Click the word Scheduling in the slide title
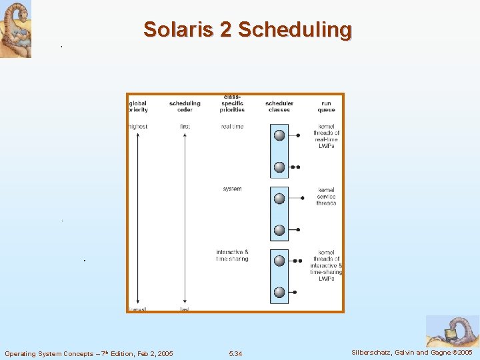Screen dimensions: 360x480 [295, 29]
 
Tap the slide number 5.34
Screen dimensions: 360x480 [235, 353]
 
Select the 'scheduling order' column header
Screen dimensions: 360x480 [185, 107]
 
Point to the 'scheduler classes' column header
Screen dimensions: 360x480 [279, 107]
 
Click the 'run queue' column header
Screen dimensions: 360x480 [326, 107]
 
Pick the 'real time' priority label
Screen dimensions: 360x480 [232, 127]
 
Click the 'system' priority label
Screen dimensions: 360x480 [232, 189]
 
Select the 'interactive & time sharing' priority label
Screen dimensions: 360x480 [232, 255]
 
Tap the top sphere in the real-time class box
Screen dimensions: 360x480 [279, 135]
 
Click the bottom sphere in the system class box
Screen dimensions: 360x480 [279, 230]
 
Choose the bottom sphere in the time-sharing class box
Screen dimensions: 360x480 [279, 292]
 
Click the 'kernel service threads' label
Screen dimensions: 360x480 [326, 196]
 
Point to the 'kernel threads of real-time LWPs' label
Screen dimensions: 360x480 [326, 137]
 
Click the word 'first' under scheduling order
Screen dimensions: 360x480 [185, 127]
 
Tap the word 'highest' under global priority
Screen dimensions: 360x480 [138, 127]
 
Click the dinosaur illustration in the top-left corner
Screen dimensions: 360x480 [15, 29]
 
